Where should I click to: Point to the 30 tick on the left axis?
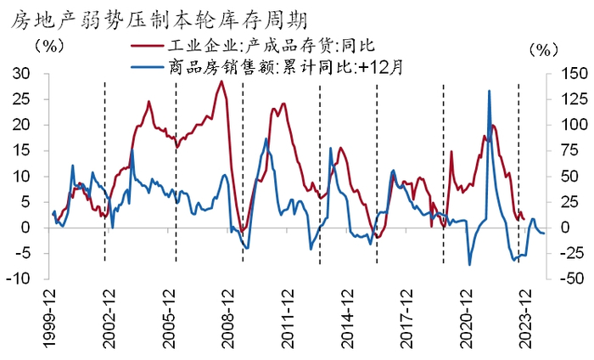[x=21, y=74]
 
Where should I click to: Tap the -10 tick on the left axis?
[x=19, y=279]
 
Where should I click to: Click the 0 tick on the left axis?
[x=26, y=228]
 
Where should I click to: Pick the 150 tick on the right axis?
[x=566, y=74]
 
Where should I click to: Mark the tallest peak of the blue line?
[x=490, y=91]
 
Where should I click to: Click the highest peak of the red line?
[x=221, y=81]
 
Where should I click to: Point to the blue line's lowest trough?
[x=470, y=265]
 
